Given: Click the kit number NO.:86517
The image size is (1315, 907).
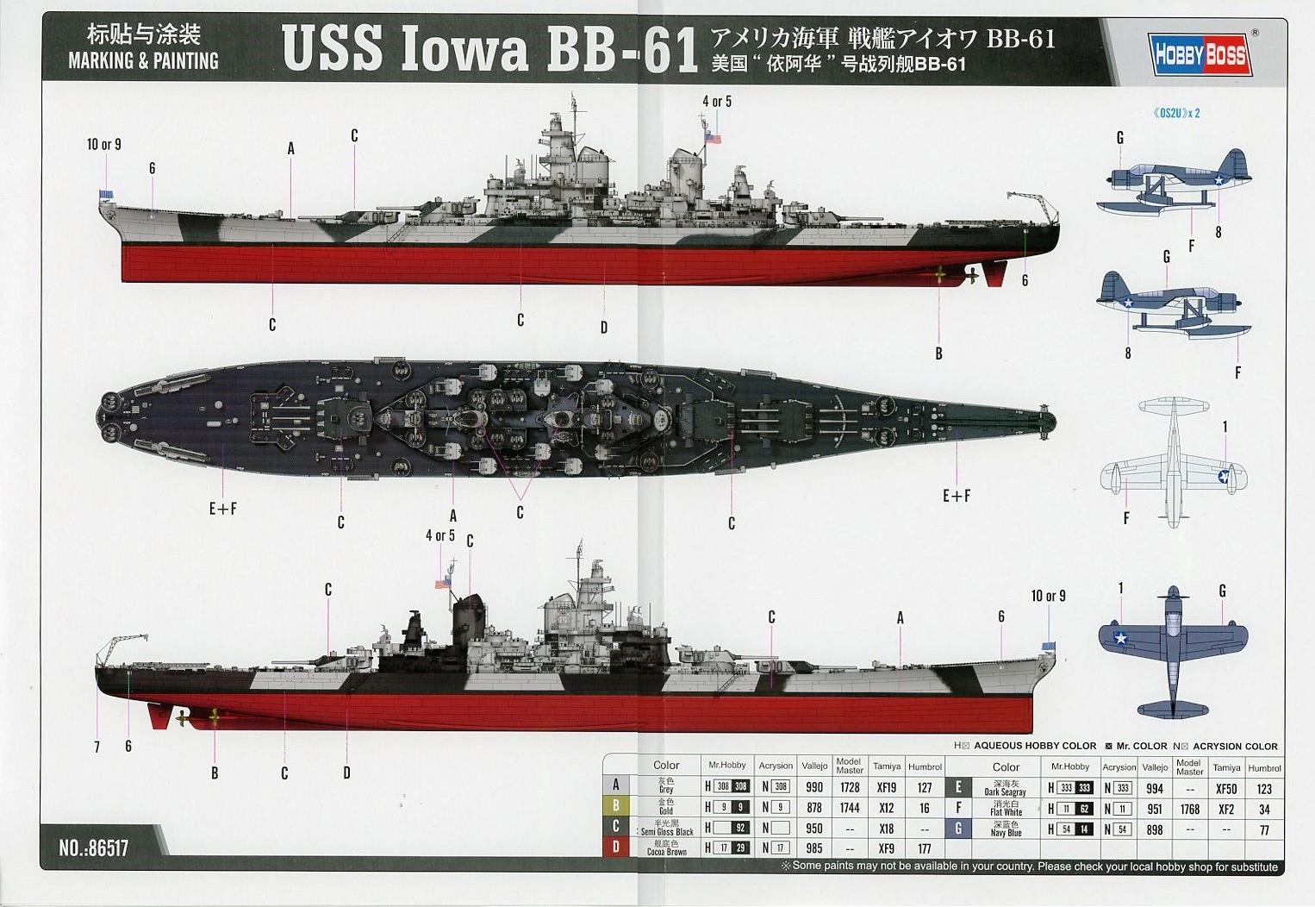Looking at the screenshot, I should [94, 848].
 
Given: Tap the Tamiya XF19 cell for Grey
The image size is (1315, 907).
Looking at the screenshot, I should [886, 787].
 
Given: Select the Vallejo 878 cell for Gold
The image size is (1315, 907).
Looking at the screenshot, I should [813, 808].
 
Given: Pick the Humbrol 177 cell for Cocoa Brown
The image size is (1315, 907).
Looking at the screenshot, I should [925, 848].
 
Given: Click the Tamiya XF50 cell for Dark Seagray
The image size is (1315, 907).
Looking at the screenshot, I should [1225, 788].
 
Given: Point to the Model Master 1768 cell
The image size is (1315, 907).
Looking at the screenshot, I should [1189, 809].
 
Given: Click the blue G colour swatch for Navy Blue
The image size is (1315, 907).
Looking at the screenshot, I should [958, 829].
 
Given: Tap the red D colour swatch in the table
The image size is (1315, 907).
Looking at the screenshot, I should [615, 848].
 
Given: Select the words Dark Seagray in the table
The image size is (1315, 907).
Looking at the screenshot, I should [1006, 791].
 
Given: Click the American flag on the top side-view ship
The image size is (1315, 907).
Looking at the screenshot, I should [712, 138].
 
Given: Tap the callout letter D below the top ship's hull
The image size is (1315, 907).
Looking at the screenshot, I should [604, 328].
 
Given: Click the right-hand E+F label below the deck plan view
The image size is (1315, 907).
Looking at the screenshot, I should [956, 496].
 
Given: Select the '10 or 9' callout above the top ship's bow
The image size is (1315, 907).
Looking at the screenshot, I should [103, 145].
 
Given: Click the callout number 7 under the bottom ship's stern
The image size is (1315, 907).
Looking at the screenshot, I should [97, 747].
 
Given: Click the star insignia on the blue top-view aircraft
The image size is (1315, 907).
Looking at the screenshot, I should [1120, 638].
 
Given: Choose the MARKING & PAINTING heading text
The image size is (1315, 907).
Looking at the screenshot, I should [143, 61].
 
